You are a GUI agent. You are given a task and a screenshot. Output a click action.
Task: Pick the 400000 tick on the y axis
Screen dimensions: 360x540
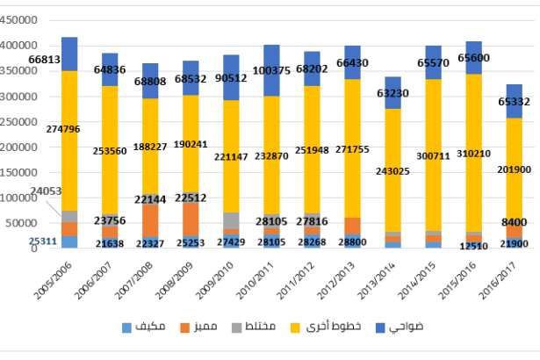(20, 46)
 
